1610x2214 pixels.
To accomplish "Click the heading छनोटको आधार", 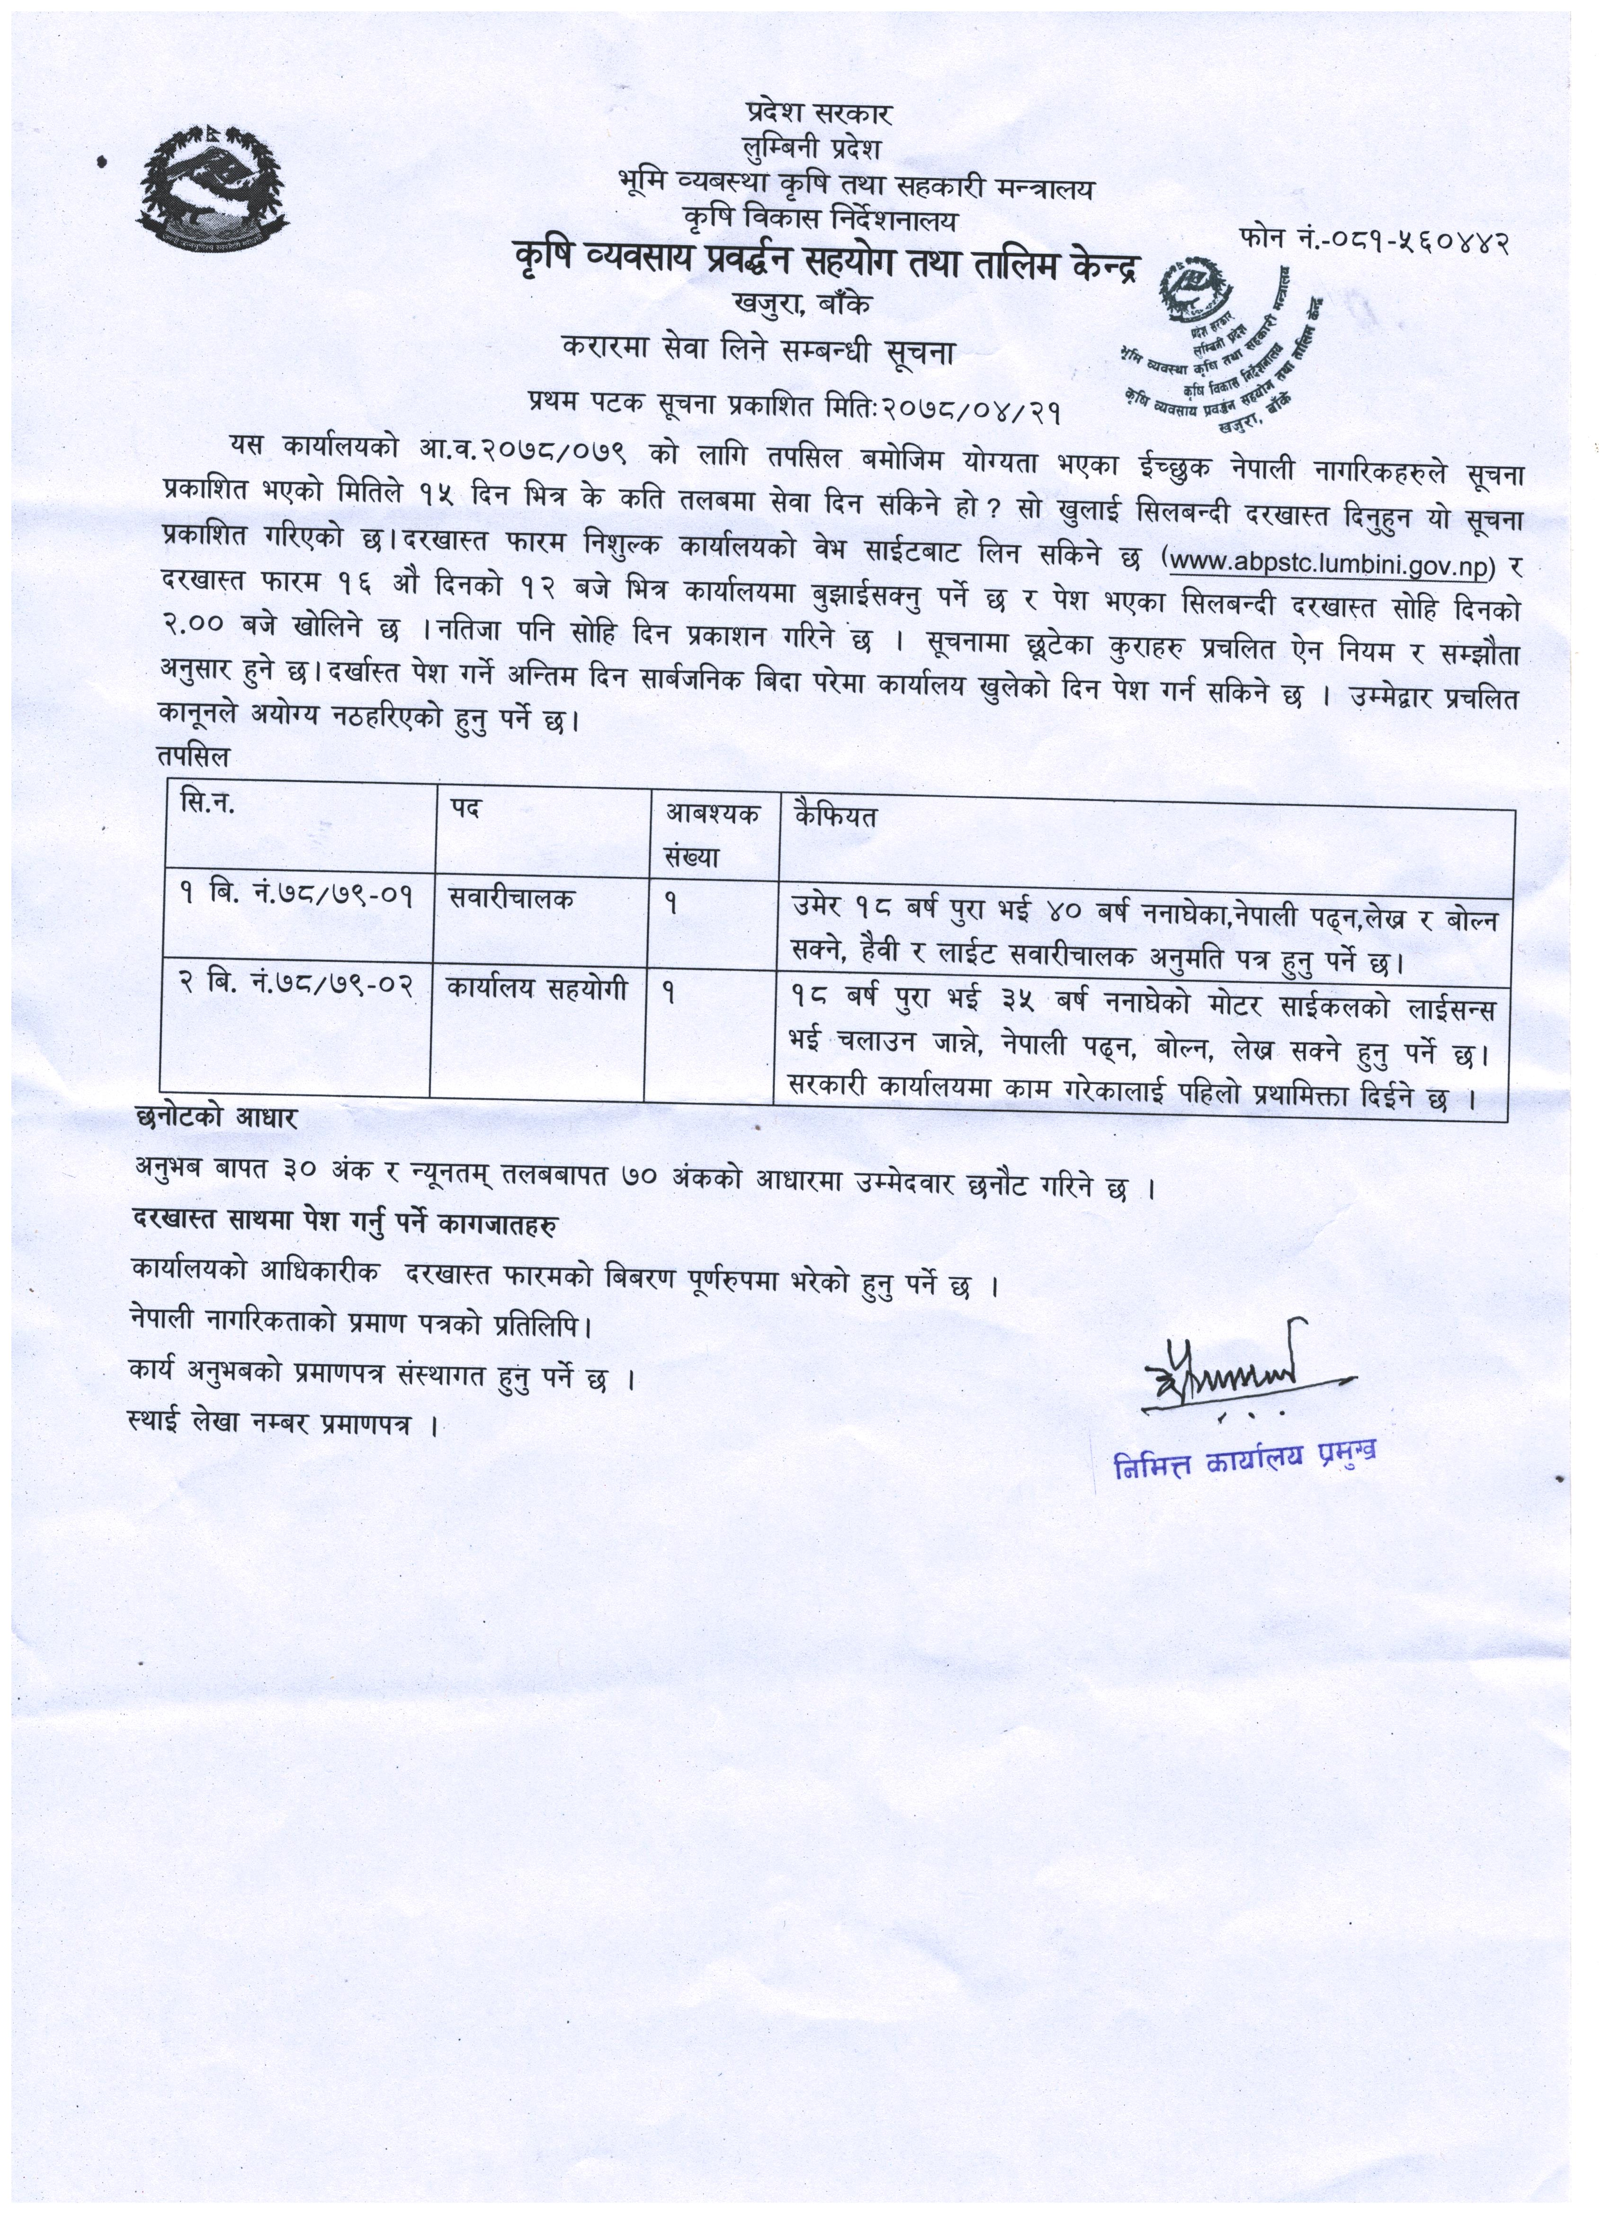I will click(217, 1119).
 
